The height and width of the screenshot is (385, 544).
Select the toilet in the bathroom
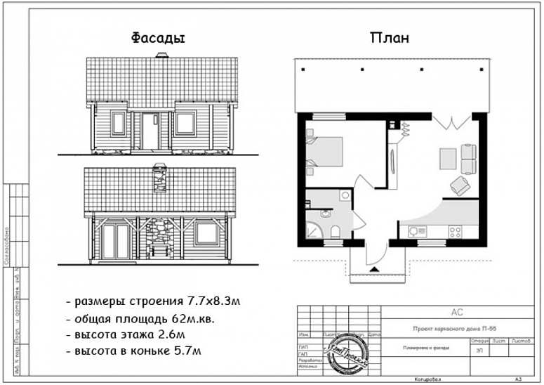point(336,232)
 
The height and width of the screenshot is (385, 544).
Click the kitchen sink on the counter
point(414,230)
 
